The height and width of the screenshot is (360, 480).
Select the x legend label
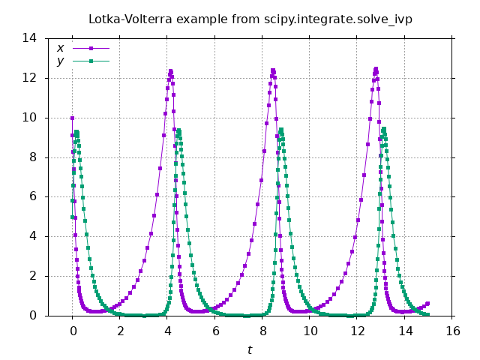point(60,49)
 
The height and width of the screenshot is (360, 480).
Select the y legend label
point(60,61)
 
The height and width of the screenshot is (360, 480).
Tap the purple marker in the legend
point(91,49)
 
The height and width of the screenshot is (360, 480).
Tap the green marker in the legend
point(91,61)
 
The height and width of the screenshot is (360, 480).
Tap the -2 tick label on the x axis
point(49,331)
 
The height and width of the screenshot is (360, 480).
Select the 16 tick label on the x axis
point(452,331)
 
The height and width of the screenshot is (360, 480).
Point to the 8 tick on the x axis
point(262,331)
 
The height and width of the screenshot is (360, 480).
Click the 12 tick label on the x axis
point(358,331)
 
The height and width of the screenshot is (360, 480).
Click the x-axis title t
point(250,349)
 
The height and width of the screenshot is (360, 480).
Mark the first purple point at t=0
point(72,118)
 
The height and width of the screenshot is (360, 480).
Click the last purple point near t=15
point(428,304)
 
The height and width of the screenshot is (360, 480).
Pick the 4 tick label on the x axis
point(167,331)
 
